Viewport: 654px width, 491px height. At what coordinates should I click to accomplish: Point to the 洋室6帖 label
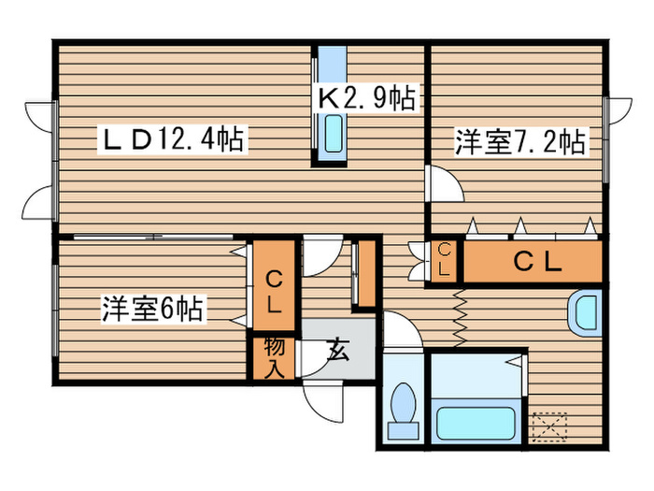pos(154,308)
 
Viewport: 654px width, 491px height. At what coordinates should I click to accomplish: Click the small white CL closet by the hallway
pos(445,259)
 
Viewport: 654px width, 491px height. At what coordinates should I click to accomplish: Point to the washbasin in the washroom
pos(586,313)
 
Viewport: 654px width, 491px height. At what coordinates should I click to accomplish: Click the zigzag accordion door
pos(460,318)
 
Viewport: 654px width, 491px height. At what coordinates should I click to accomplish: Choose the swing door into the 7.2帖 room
pos(443,182)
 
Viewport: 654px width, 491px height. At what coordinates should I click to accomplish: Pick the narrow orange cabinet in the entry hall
pos(366,274)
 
